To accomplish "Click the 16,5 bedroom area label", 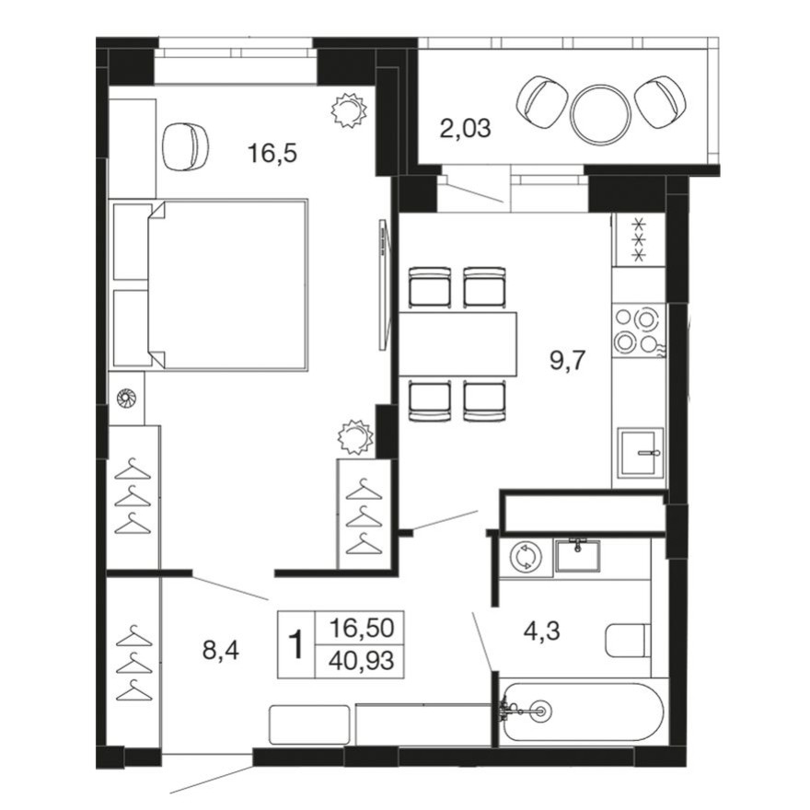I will coord(272,153).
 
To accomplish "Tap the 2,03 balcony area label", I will coord(465,129).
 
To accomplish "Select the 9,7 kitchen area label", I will coord(569,359).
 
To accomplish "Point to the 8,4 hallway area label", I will coord(221,652).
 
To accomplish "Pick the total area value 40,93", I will coord(362,660).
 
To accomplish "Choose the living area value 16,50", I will coord(362,629).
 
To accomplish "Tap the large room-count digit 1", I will coord(296,645).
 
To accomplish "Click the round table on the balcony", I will coord(601,113).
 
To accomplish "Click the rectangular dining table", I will coord(457,343).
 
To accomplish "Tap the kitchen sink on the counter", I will coord(642,452).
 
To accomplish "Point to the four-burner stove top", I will coord(638,330).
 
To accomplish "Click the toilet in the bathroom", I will coord(629,640).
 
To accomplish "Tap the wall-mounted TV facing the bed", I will coord(381,284).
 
